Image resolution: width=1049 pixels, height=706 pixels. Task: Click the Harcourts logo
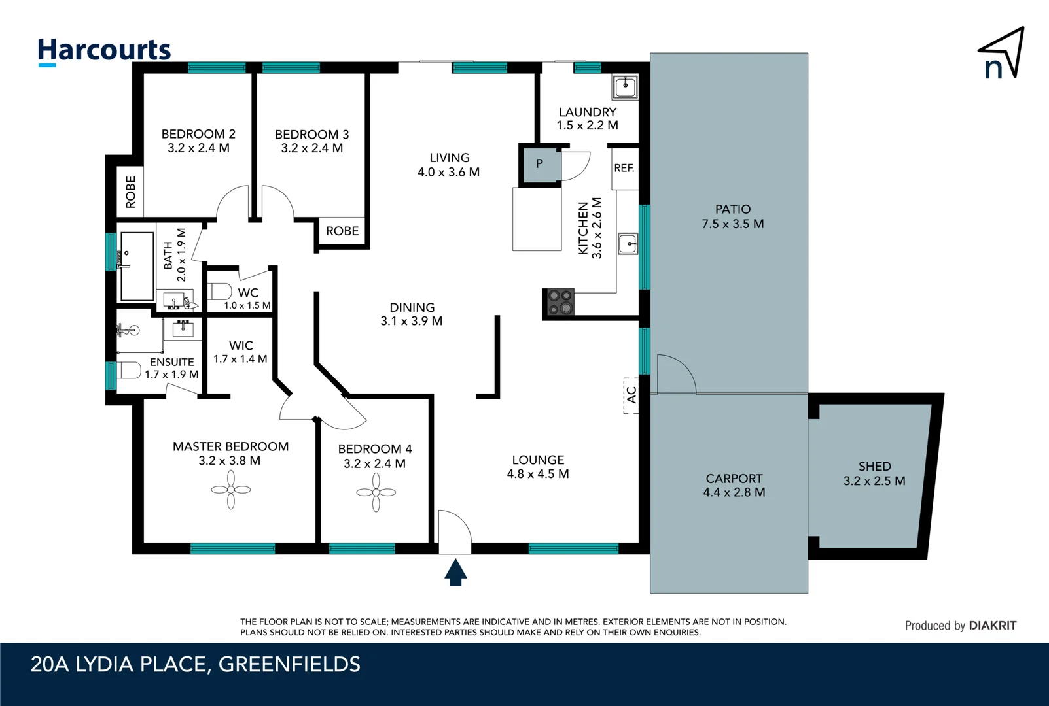104,51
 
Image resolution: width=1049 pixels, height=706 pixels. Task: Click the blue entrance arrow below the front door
455,572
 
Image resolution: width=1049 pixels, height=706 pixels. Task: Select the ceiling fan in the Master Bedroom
231,490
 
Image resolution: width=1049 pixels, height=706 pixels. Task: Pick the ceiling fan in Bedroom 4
376,492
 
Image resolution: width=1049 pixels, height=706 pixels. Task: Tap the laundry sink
625,86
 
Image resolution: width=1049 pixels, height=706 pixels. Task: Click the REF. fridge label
624,168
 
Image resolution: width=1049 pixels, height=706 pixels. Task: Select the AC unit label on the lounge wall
631,395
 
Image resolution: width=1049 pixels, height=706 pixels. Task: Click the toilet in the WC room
220,291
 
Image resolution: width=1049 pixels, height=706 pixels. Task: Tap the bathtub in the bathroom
137,266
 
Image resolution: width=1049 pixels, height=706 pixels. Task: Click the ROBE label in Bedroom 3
342,231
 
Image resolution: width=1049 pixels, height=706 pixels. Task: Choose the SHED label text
874,466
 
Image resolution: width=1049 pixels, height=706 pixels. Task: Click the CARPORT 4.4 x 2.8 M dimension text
734,492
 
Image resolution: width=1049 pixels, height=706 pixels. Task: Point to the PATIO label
732,209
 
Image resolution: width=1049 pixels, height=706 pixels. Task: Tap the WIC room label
241,345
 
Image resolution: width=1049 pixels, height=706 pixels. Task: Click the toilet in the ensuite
130,371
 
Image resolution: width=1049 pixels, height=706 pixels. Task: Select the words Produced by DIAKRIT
960,626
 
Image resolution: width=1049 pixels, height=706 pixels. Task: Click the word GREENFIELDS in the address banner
289,664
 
